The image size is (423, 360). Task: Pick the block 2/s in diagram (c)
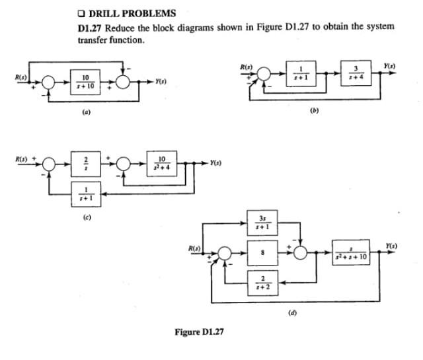[85, 162]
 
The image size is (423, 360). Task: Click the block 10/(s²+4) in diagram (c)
[161, 162]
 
